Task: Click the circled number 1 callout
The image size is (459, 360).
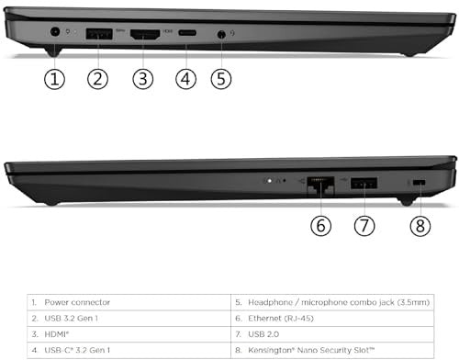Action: pos(54,79)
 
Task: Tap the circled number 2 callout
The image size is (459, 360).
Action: pos(97,79)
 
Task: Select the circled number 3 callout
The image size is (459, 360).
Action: pos(143,79)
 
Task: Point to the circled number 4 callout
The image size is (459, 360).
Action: pos(185,79)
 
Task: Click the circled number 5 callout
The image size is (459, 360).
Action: pos(221,79)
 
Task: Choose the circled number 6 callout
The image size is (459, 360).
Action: pos(320,226)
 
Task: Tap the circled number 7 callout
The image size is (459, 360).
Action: pos(364,226)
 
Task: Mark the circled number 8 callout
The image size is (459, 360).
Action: pos(420,226)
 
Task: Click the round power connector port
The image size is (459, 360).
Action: pos(55,32)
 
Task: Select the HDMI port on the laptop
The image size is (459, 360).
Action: pos(145,34)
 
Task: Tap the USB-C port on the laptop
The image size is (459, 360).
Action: pos(187,33)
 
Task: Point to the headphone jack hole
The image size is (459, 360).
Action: pos(221,34)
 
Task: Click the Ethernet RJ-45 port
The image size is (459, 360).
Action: pos(320,186)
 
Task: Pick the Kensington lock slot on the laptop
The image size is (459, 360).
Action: pos(419,183)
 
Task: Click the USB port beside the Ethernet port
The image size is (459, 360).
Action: pos(364,183)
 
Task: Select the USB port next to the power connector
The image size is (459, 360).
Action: pos(99,34)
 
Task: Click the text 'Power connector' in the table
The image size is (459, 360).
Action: pos(77,302)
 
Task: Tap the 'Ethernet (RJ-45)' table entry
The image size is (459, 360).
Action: pos(281,319)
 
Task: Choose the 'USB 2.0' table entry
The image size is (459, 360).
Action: pos(263,334)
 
